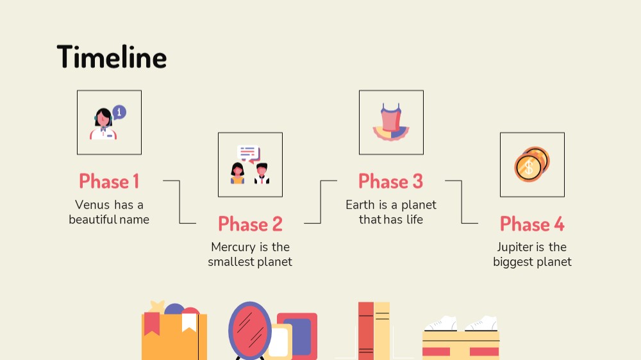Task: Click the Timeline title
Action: (112, 57)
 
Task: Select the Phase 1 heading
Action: (109, 181)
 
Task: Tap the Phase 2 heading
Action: (250, 224)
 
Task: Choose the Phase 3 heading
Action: (391, 181)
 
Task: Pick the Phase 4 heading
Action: (532, 224)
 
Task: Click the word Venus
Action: (92, 205)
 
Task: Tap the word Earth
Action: (360, 205)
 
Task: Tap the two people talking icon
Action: (250, 165)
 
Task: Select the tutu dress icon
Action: (391, 122)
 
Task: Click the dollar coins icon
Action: (531, 164)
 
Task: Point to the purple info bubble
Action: (119, 112)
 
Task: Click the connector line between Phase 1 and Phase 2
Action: (179, 201)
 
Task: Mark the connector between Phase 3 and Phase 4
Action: (462, 201)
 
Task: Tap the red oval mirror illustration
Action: (250, 331)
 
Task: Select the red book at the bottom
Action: (366, 331)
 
